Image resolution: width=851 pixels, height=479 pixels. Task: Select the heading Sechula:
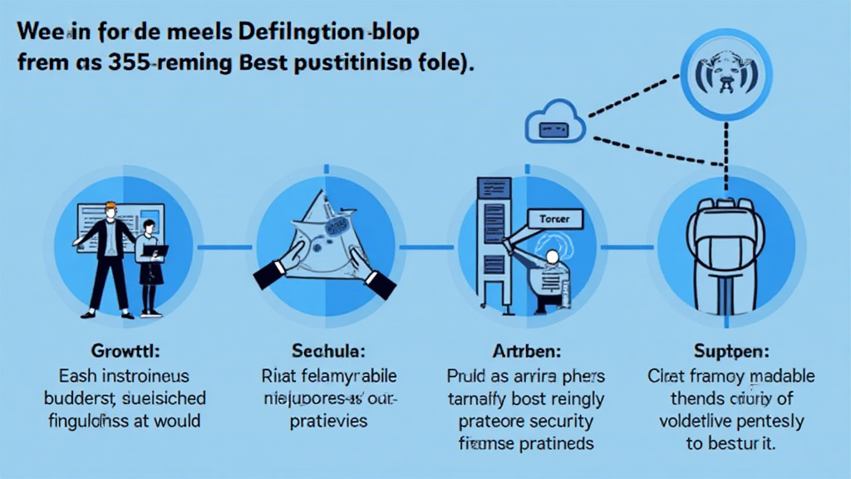click(326, 351)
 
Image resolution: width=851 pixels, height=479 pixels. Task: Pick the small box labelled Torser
click(555, 219)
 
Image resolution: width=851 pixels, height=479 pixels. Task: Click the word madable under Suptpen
click(778, 376)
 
